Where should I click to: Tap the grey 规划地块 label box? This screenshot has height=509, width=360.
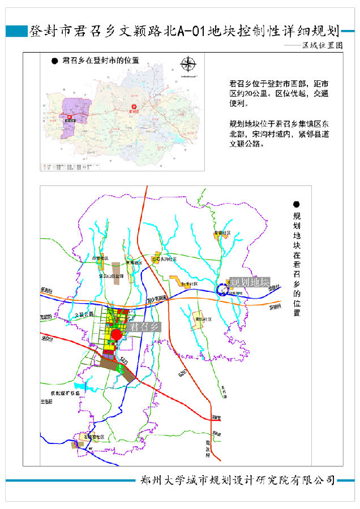[249, 282]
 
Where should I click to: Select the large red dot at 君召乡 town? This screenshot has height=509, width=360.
[117, 335]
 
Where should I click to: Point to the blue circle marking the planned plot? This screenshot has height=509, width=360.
[221, 290]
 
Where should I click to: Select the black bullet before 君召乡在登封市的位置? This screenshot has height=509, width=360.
[54, 60]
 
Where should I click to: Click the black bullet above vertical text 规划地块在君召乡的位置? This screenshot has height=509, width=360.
[297, 204]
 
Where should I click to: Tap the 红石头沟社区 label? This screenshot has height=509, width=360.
[164, 259]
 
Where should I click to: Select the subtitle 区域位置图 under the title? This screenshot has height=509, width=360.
[322, 45]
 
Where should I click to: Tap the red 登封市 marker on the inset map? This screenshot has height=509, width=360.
[134, 107]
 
